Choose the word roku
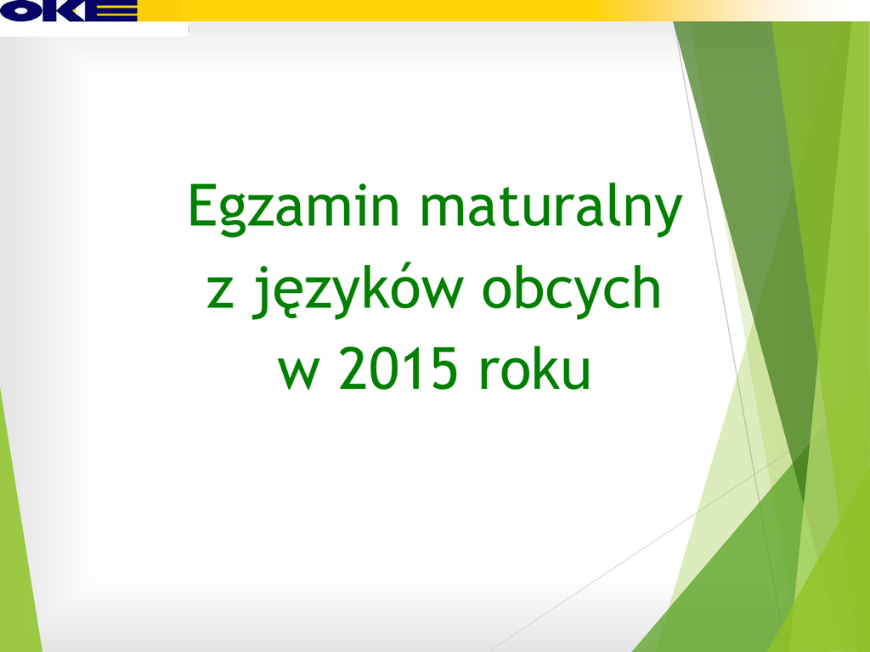pyautogui.click(x=535, y=367)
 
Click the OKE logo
pyautogui.click(x=69, y=10)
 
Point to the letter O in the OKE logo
pyautogui.click(x=21, y=10)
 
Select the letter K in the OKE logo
pyautogui.click(x=65, y=10)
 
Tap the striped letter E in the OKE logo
pyautogui.click(x=112, y=10)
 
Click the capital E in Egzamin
pyautogui.click(x=203, y=205)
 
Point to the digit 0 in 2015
pyautogui.click(x=384, y=368)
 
